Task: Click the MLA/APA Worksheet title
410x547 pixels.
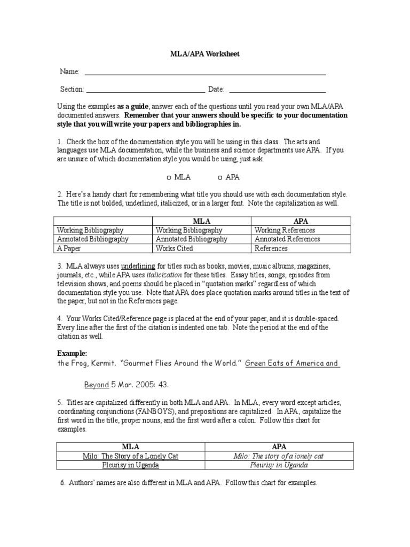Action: (205, 54)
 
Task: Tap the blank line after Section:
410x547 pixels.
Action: (145, 92)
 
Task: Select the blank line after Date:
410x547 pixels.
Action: (277, 92)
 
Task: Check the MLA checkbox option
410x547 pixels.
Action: (168, 177)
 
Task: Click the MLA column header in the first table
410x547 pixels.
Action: (201, 221)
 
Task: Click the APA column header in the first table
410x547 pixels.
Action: (301, 221)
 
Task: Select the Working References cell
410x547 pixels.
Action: (285, 230)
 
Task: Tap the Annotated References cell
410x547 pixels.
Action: (287, 239)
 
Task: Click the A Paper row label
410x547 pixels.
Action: (68, 248)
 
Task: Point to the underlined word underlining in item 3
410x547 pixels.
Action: (138, 266)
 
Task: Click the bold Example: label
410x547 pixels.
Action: (72, 354)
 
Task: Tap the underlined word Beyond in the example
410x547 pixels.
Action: (97, 385)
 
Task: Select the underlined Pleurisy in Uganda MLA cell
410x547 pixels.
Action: (130, 465)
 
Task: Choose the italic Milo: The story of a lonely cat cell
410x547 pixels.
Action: (279, 456)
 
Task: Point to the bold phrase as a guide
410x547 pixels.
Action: (133, 106)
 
